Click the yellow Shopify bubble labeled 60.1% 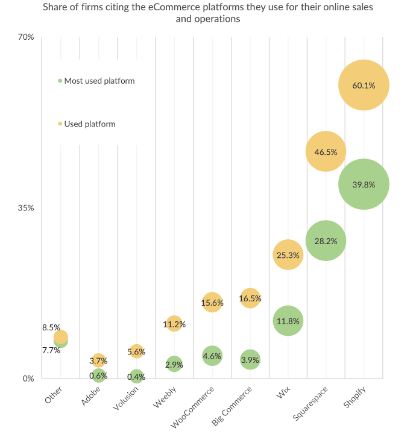(x=364, y=85)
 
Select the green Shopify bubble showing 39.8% (x=364, y=184)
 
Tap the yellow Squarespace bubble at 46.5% (x=326, y=152)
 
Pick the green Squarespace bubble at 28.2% (x=326, y=241)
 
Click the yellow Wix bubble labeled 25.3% (x=288, y=255)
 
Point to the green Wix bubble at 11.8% (x=288, y=321)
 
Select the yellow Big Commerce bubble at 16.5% (x=250, y=298)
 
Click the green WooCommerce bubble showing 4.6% (x=212, y=356)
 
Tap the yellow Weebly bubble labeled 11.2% (x=174, y=324)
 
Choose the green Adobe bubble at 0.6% (x=98, y=376)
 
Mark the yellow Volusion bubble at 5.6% (x=136, y=351)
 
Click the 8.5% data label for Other (x=51, y=328)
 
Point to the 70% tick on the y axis (x=26, y=37)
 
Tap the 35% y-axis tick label (x=26, y=208)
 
